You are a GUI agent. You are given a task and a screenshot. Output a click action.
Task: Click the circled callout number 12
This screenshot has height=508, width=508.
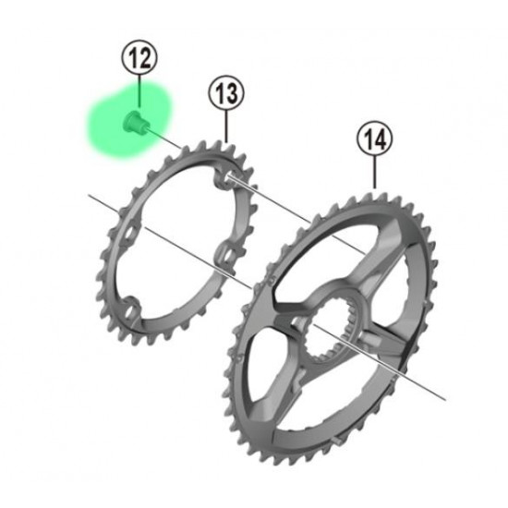[139, 57]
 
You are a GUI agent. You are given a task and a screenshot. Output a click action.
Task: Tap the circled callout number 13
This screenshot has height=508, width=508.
[226, 93]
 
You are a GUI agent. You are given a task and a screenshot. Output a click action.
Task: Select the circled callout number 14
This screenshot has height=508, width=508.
[375, 139]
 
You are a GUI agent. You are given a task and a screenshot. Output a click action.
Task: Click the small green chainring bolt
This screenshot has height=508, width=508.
[134, 122]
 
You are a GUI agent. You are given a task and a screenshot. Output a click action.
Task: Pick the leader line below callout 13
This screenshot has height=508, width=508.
[226, 127]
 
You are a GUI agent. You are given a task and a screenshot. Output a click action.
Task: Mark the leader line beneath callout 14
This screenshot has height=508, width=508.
[375, 173]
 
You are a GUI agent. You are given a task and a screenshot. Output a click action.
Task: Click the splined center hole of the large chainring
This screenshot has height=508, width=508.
[330, 330]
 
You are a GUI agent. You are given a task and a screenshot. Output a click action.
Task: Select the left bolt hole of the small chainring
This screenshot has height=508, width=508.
[129, 232]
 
